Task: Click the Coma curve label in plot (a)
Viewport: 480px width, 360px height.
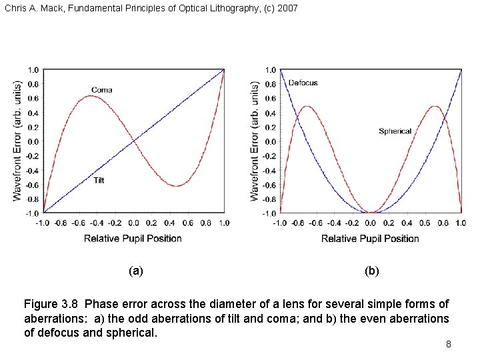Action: click(101, 90)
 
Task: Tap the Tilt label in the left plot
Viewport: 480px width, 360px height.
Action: click(99, 180)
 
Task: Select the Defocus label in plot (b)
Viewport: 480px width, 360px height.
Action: click(303, 83)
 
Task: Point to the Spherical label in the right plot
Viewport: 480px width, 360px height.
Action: click(395, 131)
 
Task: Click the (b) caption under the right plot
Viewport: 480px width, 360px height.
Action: click(372, 271)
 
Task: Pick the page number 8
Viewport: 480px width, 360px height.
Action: click(449, 344)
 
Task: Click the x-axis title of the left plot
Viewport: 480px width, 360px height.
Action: click(133, 238)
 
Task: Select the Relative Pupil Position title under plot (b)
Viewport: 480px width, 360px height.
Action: click(370, 238)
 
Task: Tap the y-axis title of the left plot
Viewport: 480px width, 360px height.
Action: click(17, 141)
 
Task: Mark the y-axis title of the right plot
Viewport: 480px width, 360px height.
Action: click(255, 141)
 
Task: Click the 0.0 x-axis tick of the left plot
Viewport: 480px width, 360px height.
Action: click(133, 223)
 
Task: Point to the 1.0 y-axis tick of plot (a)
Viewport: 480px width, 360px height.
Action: click(33, 70)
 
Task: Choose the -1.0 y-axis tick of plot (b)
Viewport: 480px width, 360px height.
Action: click(269, 213)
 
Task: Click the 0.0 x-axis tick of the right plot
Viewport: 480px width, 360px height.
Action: click(370, 223)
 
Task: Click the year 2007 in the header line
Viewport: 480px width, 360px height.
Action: click(287, 9)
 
